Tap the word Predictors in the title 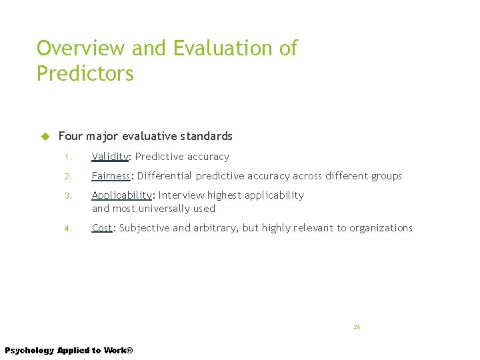[85, 73]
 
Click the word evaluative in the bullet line [151, 136]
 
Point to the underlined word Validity [110, 157]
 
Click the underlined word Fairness [111, 176]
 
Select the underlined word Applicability [122, 195]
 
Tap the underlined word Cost [102, 228]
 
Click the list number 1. [67, 157]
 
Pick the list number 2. [67, 177]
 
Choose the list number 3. [67, 196]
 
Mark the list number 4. [67, 229]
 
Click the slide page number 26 [357, 327]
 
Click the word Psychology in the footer [29, 351]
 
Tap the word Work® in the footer [118, 351]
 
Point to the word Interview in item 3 [181, 195]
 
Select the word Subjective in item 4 [144, 228]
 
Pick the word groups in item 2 [386, 176]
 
